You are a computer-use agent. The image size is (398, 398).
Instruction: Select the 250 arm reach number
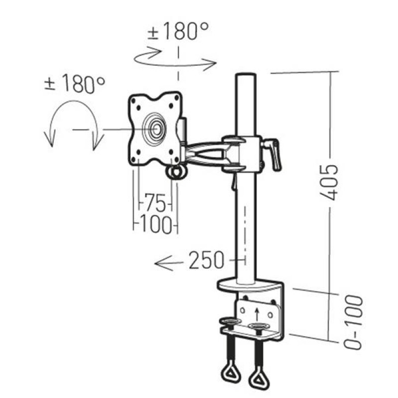[x=205, y=260]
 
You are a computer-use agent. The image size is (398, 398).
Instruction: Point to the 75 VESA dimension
[x=155, y=203]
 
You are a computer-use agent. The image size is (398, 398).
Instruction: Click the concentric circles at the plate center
[x=155, y=128]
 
